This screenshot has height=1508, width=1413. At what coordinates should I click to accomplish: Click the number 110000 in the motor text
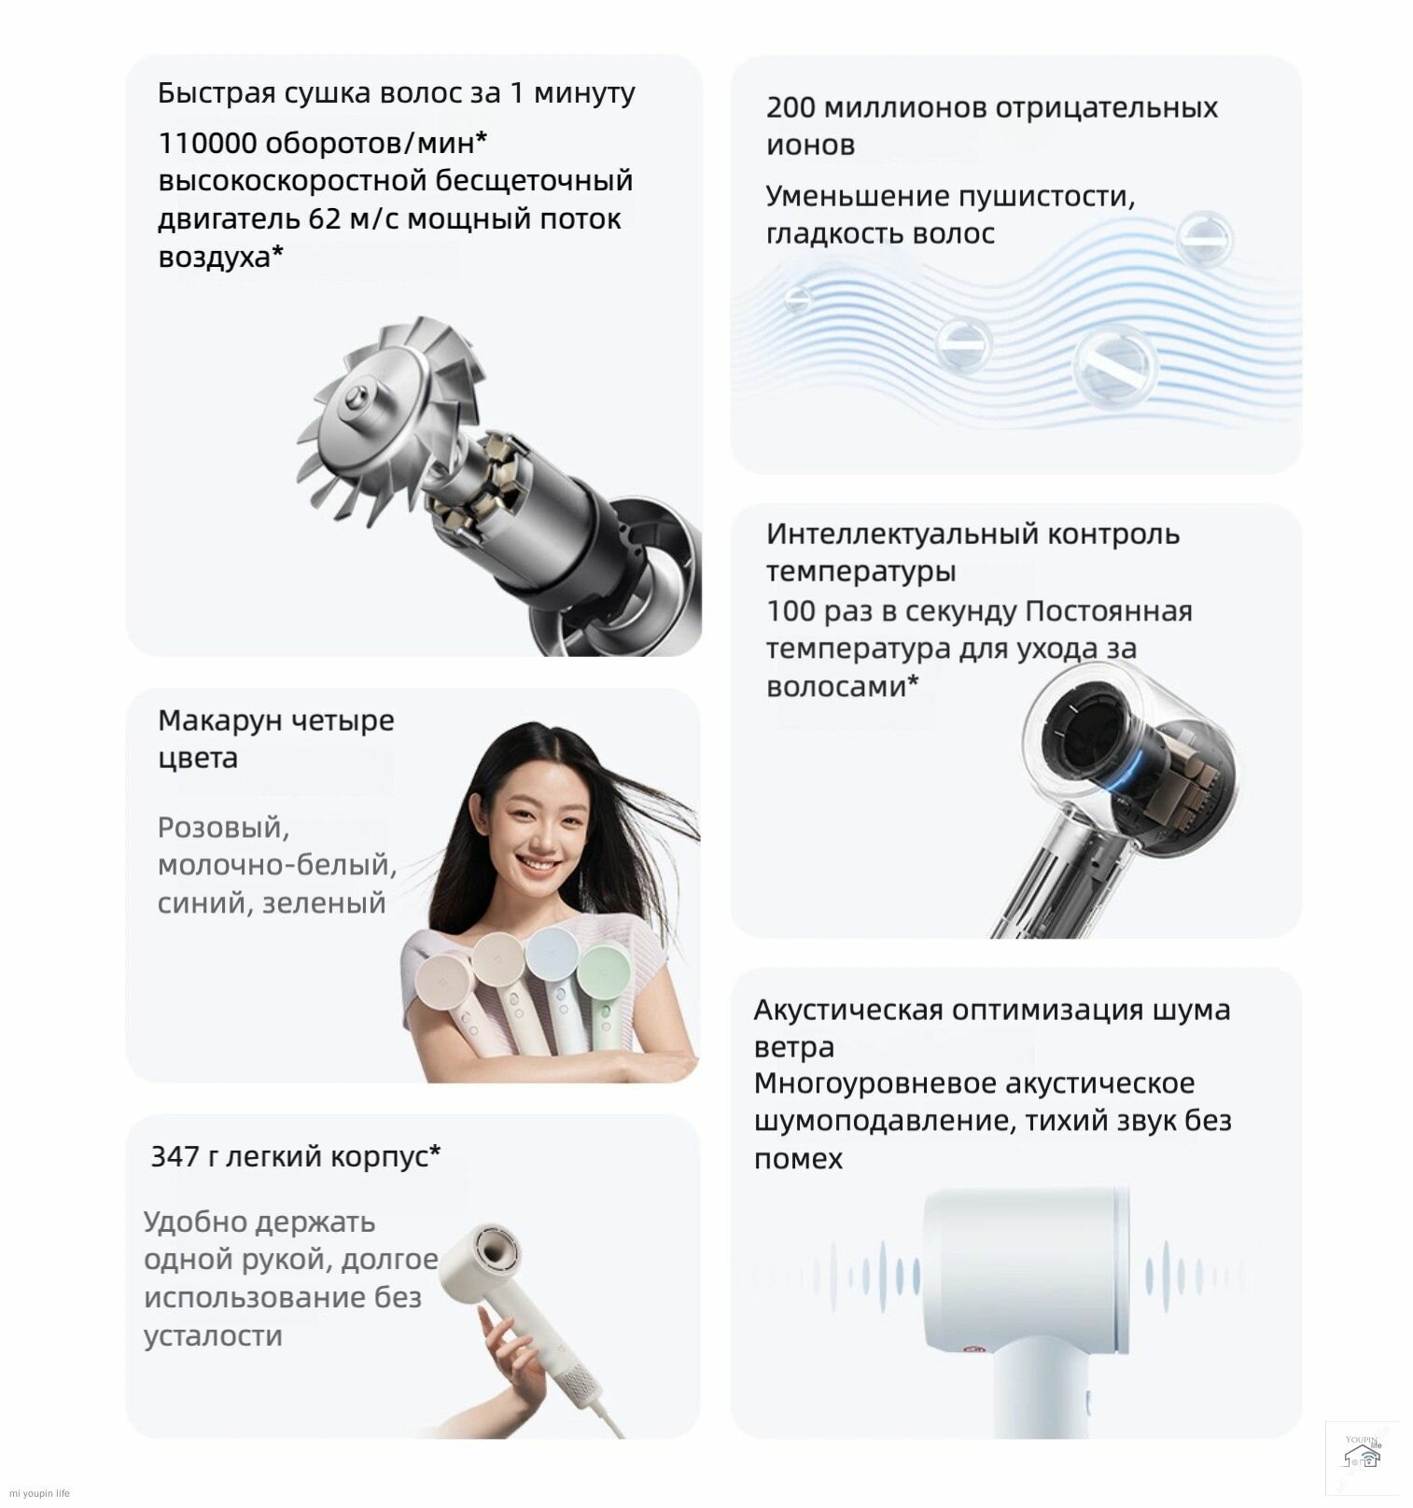(206, 144)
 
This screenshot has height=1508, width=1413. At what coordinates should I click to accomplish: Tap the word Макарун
(219, 720)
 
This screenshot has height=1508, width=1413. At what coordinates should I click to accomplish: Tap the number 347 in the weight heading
(175, 1157)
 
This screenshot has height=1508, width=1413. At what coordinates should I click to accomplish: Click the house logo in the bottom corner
(1362, 1457)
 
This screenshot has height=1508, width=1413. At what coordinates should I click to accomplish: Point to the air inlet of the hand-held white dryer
(496, 1248)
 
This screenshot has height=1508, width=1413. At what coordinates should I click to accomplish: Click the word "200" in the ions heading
(790, 108)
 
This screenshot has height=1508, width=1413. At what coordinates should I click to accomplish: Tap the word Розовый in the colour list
(223, 828)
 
